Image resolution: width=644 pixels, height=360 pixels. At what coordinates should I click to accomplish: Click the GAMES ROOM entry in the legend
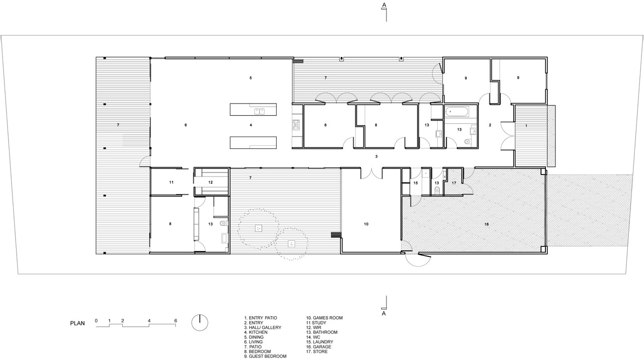325,318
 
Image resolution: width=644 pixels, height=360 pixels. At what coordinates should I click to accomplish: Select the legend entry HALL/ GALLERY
263,327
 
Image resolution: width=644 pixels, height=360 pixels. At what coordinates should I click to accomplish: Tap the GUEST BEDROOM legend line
265,356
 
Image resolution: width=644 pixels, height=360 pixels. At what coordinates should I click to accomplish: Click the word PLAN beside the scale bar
77,323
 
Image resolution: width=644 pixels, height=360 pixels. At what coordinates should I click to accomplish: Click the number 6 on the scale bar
176,321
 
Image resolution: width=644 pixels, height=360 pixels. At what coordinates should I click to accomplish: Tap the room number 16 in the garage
487,224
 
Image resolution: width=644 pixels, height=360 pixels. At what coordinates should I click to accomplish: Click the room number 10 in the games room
366,224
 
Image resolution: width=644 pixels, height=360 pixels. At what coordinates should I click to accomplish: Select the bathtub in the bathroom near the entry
457,111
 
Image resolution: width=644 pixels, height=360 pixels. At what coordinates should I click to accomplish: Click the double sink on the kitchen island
260,111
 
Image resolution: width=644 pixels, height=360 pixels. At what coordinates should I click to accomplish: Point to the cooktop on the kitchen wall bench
296,125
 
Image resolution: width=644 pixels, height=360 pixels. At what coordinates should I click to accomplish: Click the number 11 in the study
172,182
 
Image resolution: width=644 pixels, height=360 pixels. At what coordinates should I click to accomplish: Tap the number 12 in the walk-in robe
210,182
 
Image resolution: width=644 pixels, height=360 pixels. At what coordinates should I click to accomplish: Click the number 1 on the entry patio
526,126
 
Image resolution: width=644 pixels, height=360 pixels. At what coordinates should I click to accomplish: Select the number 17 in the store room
454,183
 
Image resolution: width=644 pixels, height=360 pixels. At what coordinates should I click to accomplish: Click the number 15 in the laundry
416,183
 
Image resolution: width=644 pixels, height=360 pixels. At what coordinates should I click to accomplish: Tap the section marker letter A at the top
384,5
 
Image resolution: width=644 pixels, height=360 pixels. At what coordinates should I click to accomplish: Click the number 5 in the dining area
251,78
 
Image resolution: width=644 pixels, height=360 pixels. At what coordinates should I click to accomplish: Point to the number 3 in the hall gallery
376,156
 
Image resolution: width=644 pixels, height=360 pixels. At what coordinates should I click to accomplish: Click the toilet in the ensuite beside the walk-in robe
223,223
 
